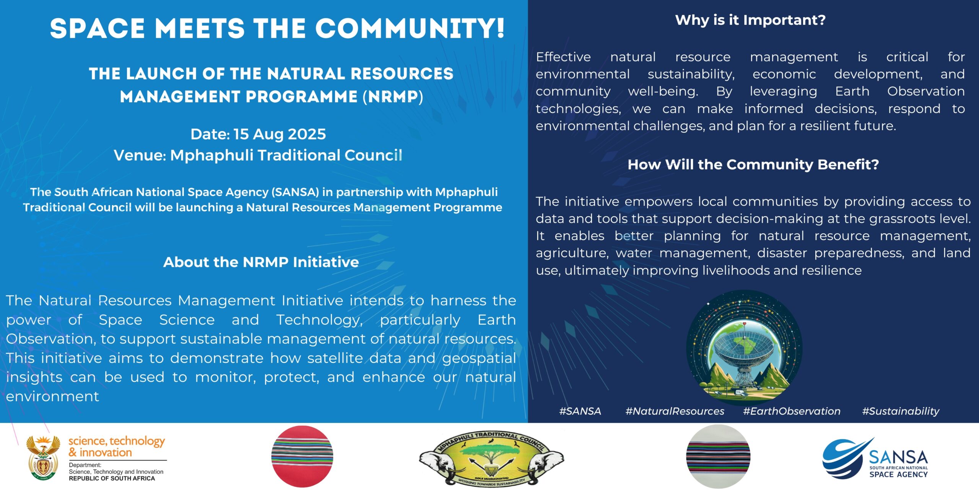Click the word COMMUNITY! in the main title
point(409,29)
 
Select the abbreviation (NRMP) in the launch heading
point(393,96)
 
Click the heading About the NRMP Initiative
point(261,262)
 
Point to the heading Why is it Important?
point(750,20)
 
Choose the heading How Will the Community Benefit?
point(753,165)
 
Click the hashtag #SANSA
point(580,411)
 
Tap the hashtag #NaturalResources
point(675,411)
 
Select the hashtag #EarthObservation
point(792,411)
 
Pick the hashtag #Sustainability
point(901,411)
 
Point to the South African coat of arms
point(43,457)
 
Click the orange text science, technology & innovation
point(116,446)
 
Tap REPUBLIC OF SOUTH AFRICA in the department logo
point(112,479)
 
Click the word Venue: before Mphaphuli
point(140,155)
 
